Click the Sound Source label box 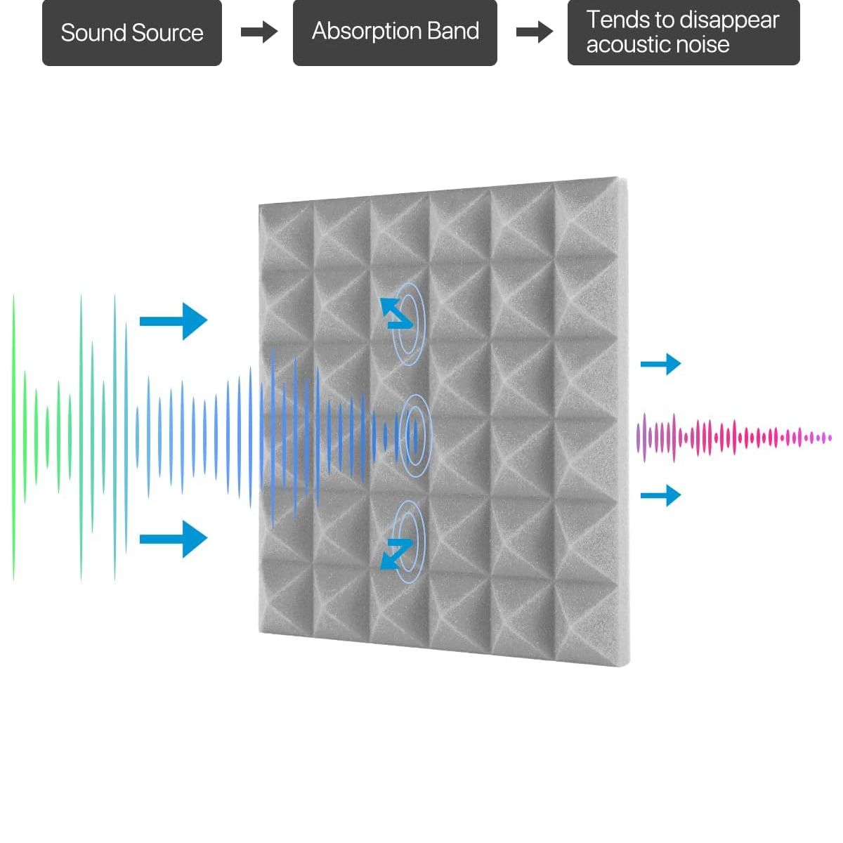[132, 33]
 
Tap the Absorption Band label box [395, 33]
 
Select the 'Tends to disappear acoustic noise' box [683, 33]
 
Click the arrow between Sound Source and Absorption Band [259, 32]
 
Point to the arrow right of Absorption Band [534, 32]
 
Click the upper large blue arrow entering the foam [174, 321]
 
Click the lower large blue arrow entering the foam [174, 539]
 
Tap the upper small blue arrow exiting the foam [660, 364]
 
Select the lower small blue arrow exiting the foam [660, 495]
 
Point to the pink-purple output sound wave [731, 438]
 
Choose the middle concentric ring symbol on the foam [414, 436]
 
